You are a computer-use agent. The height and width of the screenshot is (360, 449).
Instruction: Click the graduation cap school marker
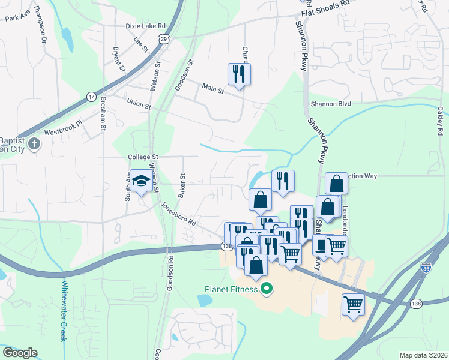[x=142, y=181]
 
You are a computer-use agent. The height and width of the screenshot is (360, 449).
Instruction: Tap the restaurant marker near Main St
[x=239, y=74]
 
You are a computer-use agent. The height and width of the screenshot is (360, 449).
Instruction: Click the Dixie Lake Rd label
[x=145, y=26]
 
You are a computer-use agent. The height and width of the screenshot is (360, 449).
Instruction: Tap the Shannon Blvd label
[x=330, y=103]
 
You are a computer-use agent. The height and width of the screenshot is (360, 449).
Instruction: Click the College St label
[x=142, y=157]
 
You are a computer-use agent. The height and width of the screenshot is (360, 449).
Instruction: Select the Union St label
[x=139, y=104]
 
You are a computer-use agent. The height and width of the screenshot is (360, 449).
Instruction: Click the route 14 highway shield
[x=91, y=96]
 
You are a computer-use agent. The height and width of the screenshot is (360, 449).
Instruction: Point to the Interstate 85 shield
[x=426, y=267]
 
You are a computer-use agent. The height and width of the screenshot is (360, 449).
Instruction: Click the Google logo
[x=20, y=353]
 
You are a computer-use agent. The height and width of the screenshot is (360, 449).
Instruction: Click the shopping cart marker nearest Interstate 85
[x=353, y=304]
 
